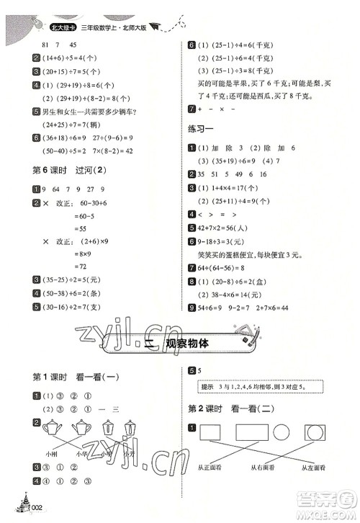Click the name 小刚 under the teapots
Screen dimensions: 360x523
click(49, 455)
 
